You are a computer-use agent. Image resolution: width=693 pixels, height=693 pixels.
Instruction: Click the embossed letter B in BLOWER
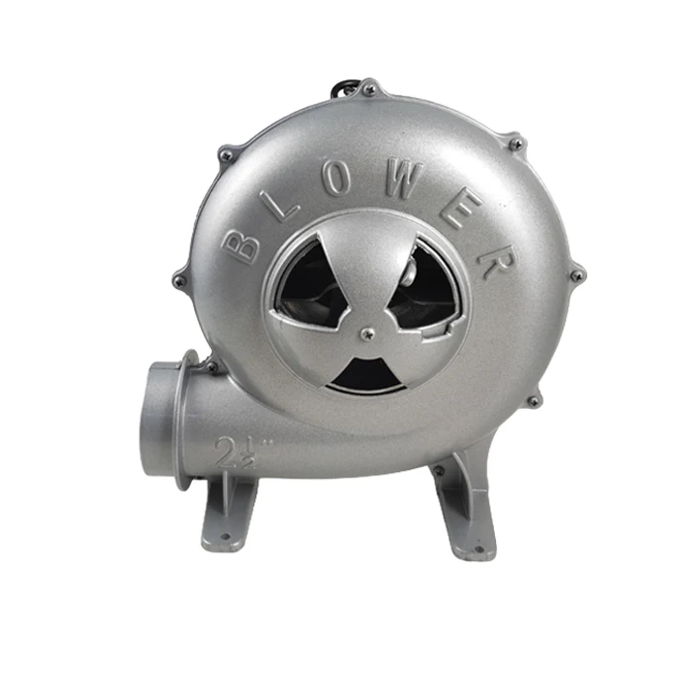pyautogui.click(x=241, y=248)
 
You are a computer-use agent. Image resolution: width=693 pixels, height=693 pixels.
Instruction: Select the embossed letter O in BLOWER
pyautogui.click(x=339, y=180)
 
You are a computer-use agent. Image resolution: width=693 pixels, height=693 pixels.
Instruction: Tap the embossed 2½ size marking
pyautogui.click(x=238, y=452)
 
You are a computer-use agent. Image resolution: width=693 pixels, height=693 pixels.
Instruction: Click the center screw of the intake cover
pyautogui.click(x=366, y=334)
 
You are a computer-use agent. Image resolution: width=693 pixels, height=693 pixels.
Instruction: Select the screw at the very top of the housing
pyautogui.click(x=369, y=91)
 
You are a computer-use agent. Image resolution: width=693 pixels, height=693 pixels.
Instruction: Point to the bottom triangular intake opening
pyautogui.click(x=367, y=375)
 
